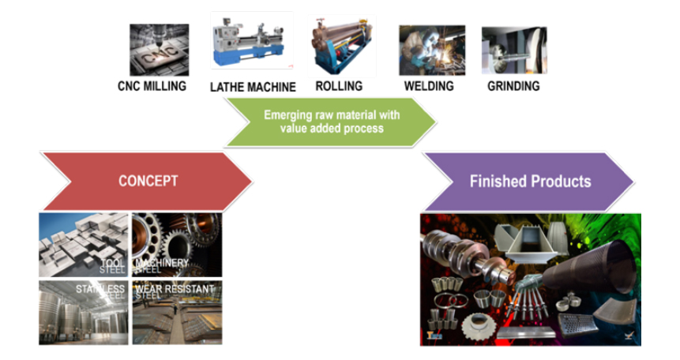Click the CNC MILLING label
[x=152, y=85]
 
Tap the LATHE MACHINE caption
[x=253, y=87]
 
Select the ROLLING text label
[x=339, y=85]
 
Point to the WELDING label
[x=430, y=85]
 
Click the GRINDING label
[x=513, y=85]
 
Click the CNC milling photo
[x=160, y=50]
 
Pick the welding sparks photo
[x=431, y=50]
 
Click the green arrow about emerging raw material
[x=331, y=121]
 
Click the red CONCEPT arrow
[x=147, y=181]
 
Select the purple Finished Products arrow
[x=528, y=182]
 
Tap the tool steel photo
[x=83, y=244]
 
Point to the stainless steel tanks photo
[x=83, y=312]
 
